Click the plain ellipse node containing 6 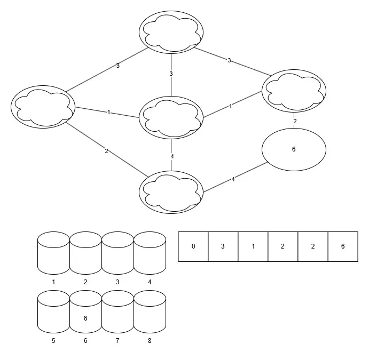coord(294,149)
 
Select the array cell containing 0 coord(193,246)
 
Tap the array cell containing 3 coord(223,246)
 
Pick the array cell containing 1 coord(253,246)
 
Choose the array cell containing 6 coord(343,246)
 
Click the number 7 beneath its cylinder coord(117,341)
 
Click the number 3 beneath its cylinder coord(117,282)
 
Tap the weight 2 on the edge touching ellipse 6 coord(295,121)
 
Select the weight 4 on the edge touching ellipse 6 coord(233,179)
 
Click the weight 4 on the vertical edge coord(172,156)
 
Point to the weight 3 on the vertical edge coord(171,74)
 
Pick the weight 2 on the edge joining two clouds coord(106,151)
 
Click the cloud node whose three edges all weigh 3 coord(171,32)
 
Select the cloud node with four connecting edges coord(171,117)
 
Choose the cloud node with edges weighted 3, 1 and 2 coord(43,107)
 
